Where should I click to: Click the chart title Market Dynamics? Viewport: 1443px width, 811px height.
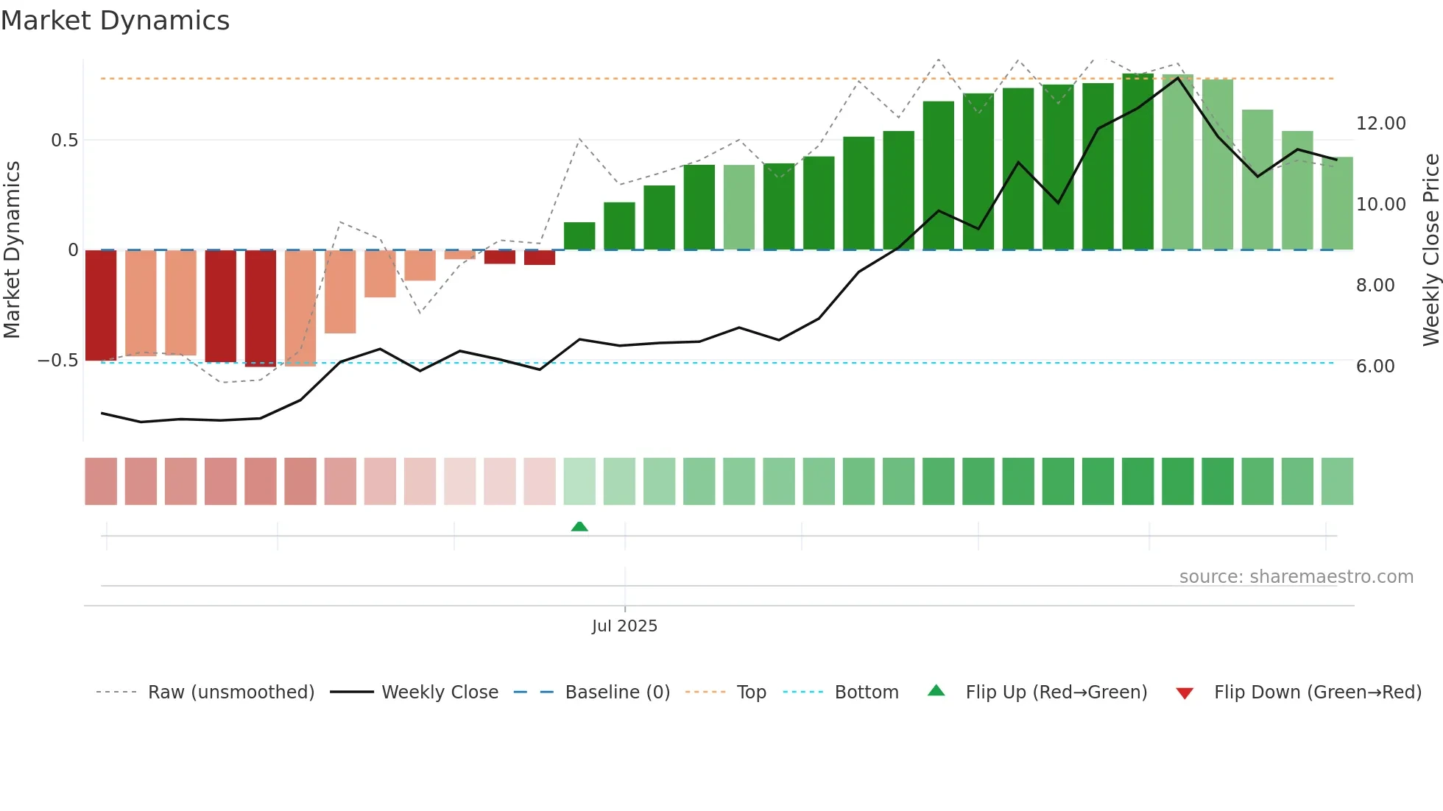point(115,21)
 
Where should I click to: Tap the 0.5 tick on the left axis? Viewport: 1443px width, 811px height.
point(64,140)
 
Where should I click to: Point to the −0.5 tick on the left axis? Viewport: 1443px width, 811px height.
point(58,361)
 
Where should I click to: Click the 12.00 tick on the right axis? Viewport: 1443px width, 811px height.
point(1380,124)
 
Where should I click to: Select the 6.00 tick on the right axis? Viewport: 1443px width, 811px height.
point(1375,366)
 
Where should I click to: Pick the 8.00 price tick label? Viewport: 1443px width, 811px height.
point(1375,286)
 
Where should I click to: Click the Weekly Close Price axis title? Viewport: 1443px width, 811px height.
point(1430,250)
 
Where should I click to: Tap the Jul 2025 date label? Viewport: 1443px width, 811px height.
point(624,626)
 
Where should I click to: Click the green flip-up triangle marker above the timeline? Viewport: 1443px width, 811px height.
point(579,526)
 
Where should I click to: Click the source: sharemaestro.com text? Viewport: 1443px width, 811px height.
point(1296,577)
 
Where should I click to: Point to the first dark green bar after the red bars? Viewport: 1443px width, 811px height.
point(579,236)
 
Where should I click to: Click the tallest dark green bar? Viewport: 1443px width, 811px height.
point(1137,162)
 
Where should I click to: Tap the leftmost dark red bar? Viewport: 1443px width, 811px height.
point(101,305)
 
